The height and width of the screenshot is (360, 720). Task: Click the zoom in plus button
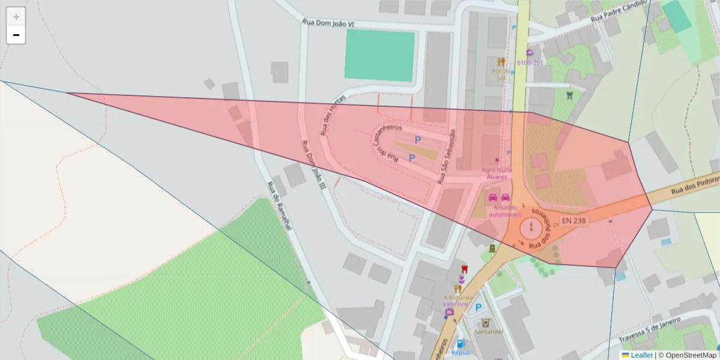coord(16,17)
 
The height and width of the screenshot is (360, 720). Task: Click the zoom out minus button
coord(16,35)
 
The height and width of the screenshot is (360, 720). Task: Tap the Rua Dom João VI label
coord(328,23)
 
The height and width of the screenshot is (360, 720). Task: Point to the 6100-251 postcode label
coord(530,62)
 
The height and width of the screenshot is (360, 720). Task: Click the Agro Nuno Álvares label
coord(495,173)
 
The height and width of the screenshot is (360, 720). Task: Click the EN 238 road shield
coord(574,221)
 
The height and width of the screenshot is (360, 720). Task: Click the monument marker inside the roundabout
coord(531,228)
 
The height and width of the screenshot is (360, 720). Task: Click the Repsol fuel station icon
coord(460,344)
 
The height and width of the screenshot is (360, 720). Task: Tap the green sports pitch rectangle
coord(380,55)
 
